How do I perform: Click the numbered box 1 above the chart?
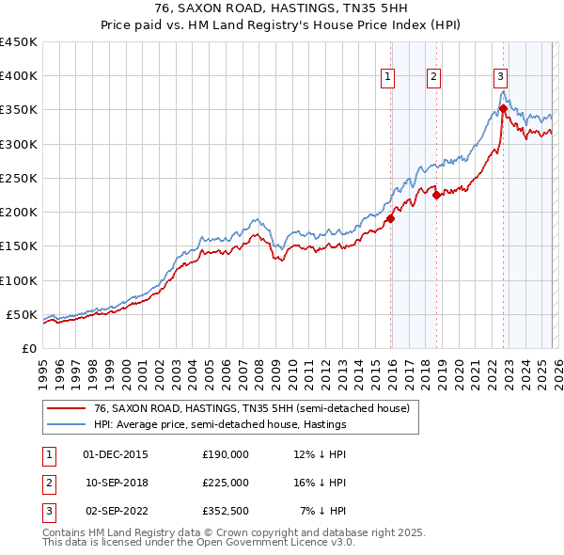388,77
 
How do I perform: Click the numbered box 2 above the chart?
434,77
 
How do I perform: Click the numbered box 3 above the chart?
500,77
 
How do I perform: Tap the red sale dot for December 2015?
390,219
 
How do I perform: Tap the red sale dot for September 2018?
436,196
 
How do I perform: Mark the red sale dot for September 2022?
503,109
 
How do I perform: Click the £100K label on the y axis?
20,280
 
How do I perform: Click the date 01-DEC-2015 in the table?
116,454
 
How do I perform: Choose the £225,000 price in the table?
226,483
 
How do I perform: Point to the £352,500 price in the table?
226,511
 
